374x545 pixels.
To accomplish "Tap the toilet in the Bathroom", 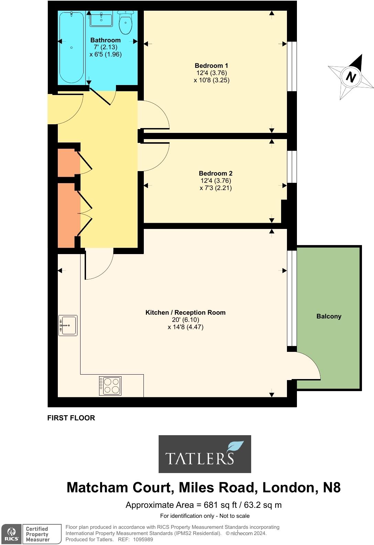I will (126, 23).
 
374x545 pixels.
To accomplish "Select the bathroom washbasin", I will (101, 19).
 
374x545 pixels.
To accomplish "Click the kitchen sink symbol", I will (68, 325).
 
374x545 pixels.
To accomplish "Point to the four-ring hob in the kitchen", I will (110, 386).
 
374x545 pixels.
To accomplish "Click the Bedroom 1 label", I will (211, 65).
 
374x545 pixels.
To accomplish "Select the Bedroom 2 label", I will (215, 173).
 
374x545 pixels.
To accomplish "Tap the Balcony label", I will (329, 316).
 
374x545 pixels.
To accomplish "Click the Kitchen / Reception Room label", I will (185, 312).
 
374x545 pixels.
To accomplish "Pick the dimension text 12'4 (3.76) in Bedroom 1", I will (211, 73).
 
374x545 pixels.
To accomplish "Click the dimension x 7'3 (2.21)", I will (215, 188).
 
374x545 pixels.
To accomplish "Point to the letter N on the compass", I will (351, 77).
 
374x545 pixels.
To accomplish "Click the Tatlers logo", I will (204, 454).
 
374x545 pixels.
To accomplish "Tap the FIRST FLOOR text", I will (71, 418).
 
